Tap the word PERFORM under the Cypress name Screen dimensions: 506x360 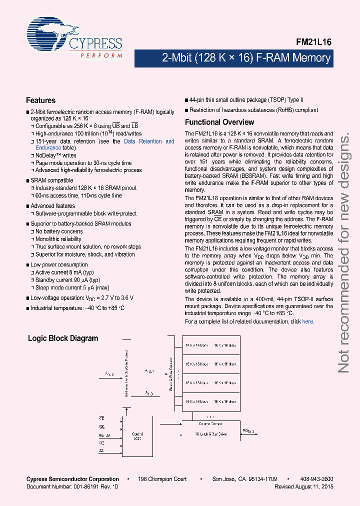click(101, 55)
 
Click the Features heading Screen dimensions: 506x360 click(40, 100)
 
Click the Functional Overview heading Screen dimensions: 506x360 click(219, 122)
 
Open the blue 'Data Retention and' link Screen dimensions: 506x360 click(149, 141)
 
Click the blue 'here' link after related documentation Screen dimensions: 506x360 click(308, 321)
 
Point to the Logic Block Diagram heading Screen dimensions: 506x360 click(63, 338)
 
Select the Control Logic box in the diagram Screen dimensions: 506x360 click(137, 436)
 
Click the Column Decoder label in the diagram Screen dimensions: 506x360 click(210, 423)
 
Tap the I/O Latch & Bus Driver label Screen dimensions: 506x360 click(210, 434)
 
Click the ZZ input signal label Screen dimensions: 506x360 click(101, 451)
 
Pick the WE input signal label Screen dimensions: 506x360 click(102, 426)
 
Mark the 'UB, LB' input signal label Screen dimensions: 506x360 click(104, 435)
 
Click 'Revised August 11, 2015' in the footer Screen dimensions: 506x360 click(304, 486)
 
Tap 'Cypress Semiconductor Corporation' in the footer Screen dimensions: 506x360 click(72, 479)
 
